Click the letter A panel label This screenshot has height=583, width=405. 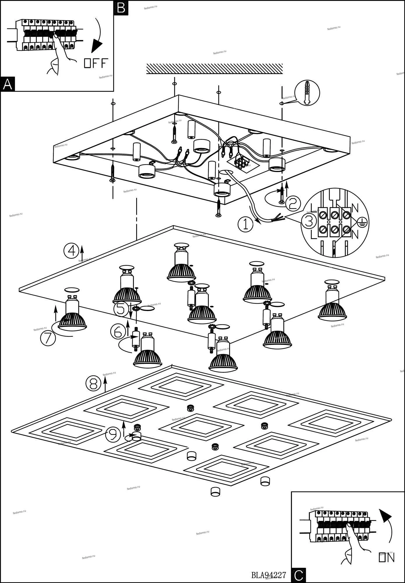[x=8, y=85]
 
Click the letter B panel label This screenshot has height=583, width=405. [x=121, y=8]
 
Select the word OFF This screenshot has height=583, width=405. [x=96, y=63]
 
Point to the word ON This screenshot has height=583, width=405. [x=387, y=558]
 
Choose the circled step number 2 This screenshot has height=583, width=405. [x=293, y=204]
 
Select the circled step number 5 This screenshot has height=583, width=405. [x=121, y=309]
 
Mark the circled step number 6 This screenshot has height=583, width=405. [x=118, y=331]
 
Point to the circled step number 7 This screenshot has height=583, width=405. [x=48, y=338]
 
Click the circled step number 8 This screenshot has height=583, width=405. [x=93, y=383]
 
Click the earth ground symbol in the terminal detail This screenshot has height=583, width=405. [x=362, y=222]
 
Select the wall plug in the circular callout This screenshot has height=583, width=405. [x=307, y=93]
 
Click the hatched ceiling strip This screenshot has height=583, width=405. [x=214, y=69]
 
